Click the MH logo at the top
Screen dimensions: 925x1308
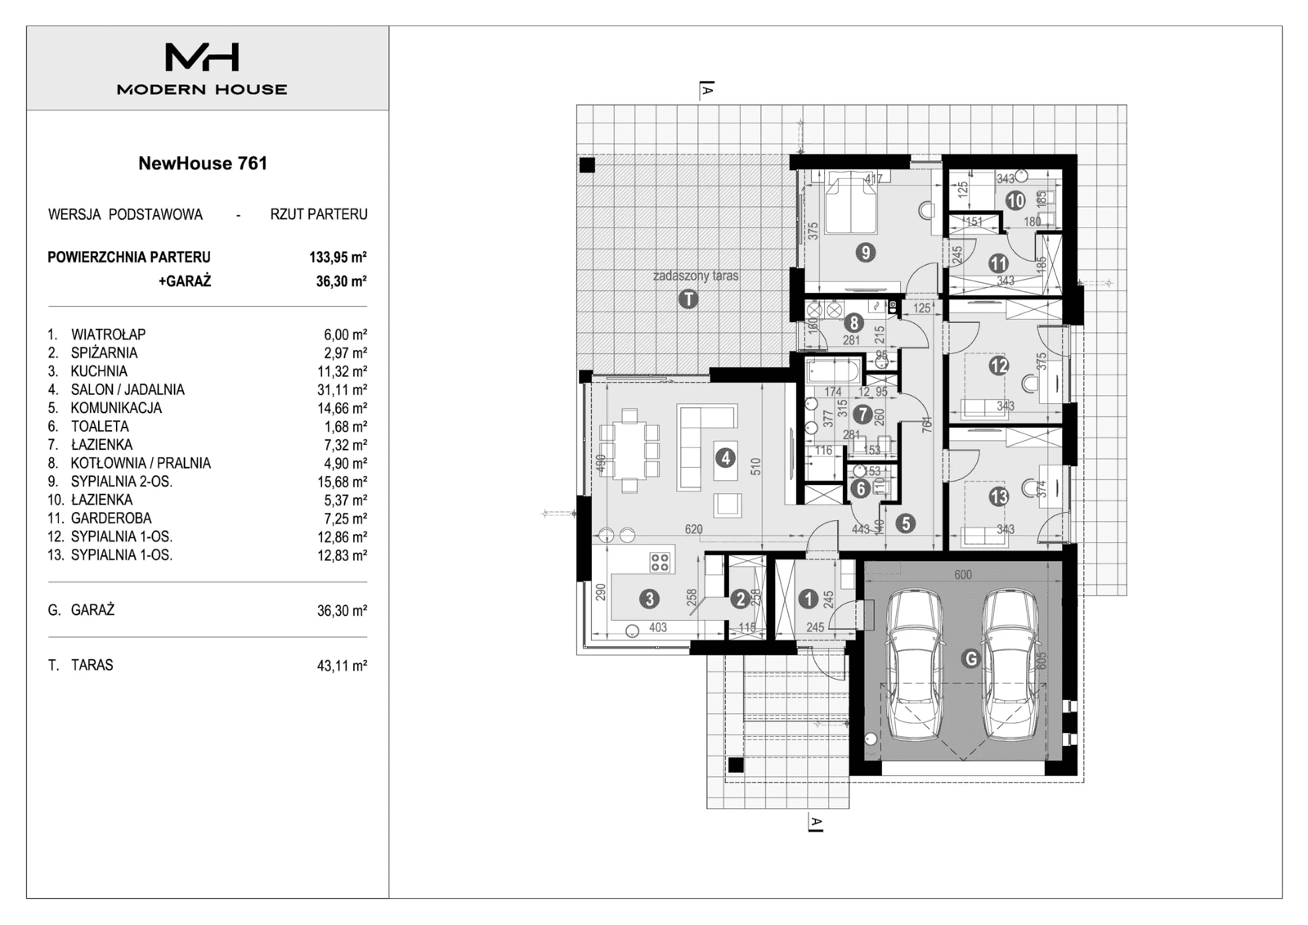click(202, 56)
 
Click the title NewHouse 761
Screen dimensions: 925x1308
click(203, 163)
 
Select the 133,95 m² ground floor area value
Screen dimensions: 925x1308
click(338, 257)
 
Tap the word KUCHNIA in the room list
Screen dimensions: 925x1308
click(98, 371)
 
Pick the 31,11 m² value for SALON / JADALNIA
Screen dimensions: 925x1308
click(342, 390)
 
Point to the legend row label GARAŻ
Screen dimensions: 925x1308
click(92, 610)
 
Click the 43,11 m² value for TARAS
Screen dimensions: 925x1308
click(342, 666)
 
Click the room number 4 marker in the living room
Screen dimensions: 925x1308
click(725, 458)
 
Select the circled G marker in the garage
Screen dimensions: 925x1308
click(970, 658)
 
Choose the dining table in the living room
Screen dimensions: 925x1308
click(629, 451)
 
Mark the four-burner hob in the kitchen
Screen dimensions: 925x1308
click(660, 562)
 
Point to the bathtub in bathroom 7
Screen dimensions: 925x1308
click(831, 375)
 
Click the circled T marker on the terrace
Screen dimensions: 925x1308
click(689, 299)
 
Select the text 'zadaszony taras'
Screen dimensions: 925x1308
click(696, 276)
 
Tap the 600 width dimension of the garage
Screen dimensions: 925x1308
click(963, 574)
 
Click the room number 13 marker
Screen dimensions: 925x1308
click(998, 496)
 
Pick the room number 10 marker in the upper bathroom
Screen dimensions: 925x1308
click(1015, 200)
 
